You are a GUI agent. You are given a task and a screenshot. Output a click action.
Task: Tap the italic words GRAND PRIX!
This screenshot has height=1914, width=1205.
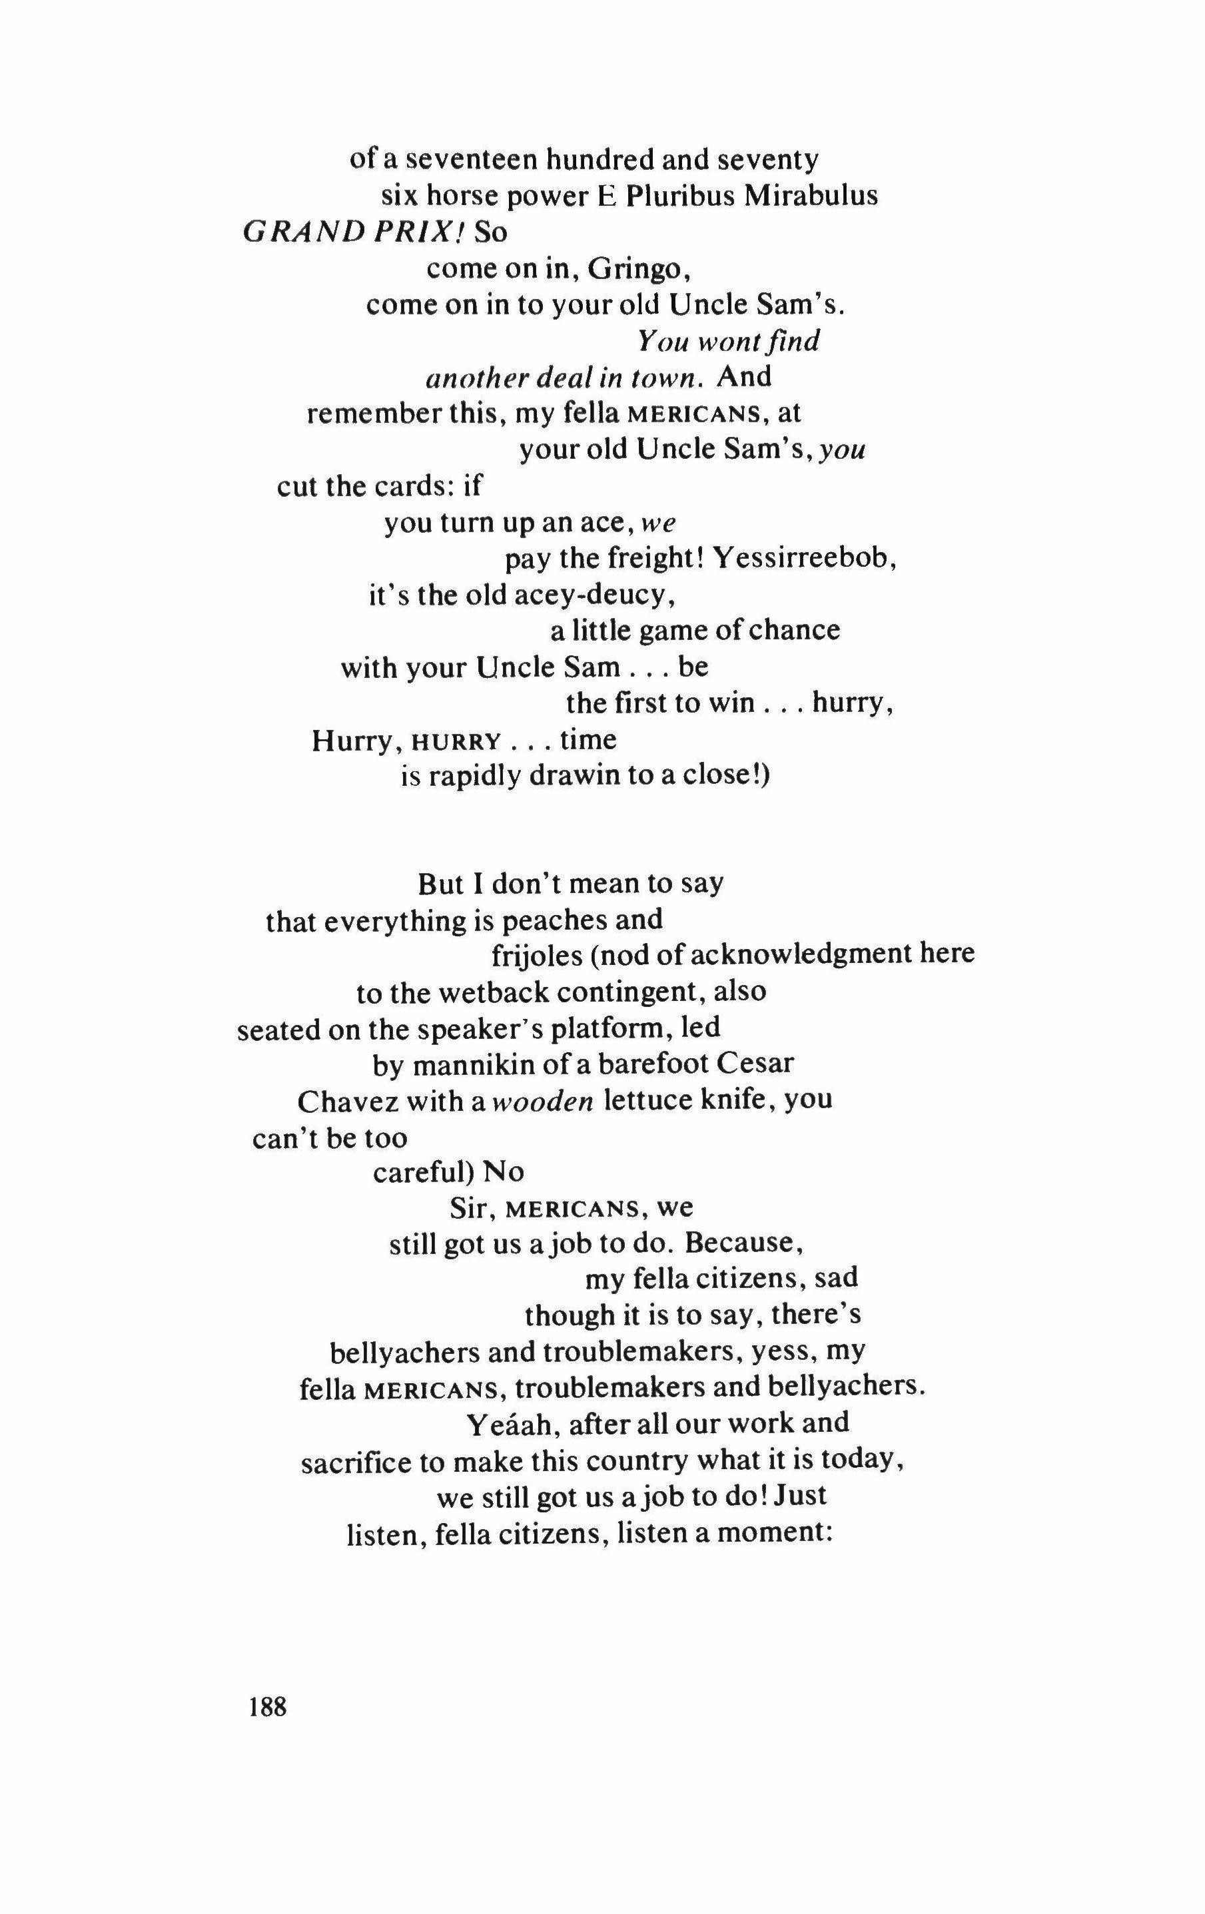point(358,232)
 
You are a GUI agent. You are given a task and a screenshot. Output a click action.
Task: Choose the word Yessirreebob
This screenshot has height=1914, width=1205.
point(805,559)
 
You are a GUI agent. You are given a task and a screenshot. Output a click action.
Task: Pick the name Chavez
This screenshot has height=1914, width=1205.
point(341,1102)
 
